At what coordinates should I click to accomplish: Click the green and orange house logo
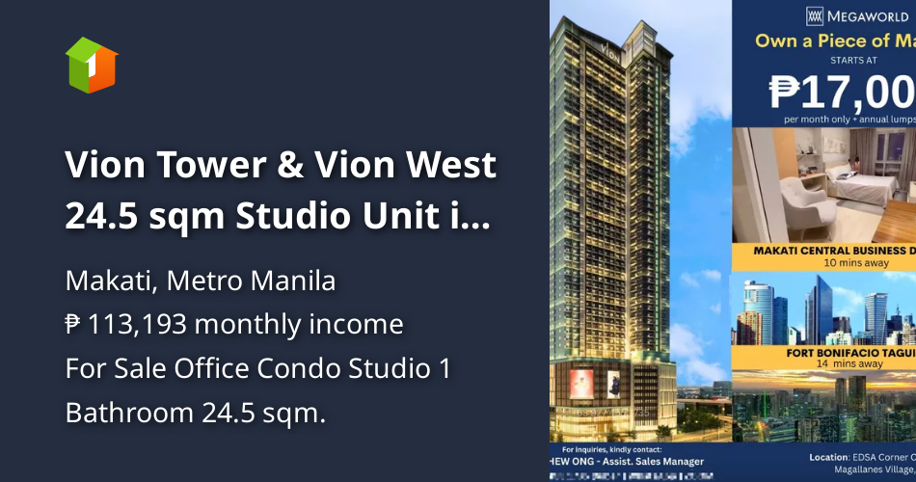pos(92,66)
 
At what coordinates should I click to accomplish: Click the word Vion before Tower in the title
pos(105,166)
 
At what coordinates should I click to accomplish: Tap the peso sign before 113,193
pos(73,325)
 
